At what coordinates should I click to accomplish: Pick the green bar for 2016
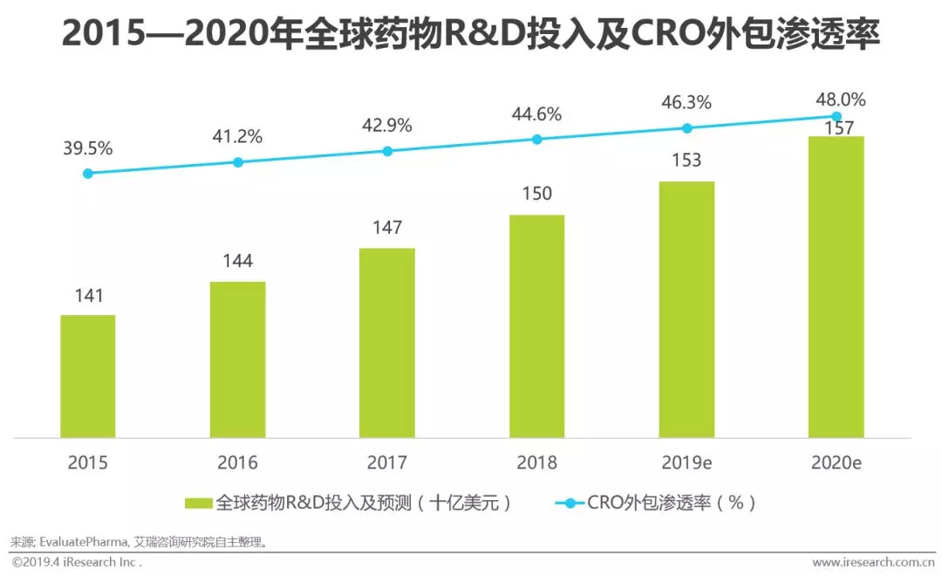click(237, 359)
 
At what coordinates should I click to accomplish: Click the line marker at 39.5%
click(87, 174)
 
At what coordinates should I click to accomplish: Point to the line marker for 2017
click(387, 151)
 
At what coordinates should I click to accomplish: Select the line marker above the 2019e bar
click(686, 128)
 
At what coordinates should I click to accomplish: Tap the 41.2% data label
click(237, 137)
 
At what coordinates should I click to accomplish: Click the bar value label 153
click(686, 161)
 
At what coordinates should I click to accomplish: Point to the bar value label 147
click(387, 228)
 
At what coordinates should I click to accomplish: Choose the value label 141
click(87, 295)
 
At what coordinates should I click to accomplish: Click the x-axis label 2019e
click(686, 463)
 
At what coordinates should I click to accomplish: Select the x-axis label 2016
click(237, 463)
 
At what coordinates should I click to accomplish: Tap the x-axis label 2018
click(536, 463)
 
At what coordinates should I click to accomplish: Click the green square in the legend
click(199, 504)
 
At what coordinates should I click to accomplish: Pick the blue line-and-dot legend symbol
click(570, 504)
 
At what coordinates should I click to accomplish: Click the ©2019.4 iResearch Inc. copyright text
click(77, 562)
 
